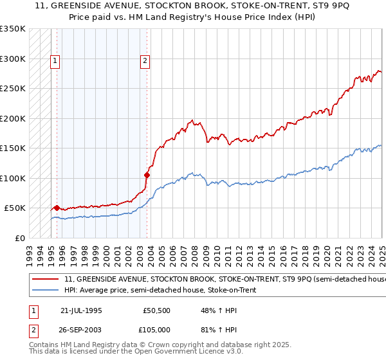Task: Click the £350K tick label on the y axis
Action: (13, 29)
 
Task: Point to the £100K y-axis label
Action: (13, 178)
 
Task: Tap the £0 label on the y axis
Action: (21, 238)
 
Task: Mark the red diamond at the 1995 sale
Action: (57, 208)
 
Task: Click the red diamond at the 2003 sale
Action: (147, 174)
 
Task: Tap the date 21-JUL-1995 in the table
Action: (81, 310)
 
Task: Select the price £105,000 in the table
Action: (157, 329)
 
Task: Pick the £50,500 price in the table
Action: (157, 310)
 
